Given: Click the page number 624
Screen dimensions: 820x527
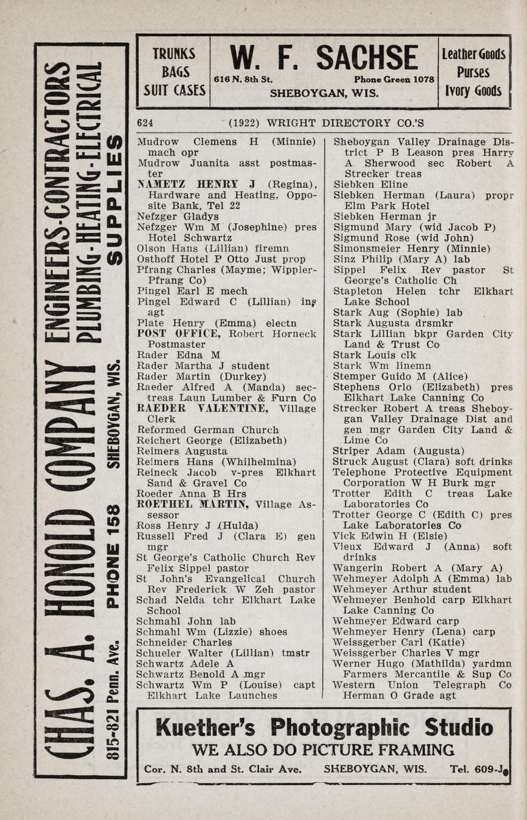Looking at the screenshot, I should [145, 123].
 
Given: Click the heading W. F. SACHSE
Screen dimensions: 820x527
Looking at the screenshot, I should [324, 59].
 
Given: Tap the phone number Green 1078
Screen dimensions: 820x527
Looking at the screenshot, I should [394, 79].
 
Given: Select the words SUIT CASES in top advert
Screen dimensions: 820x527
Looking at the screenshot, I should [174, 91].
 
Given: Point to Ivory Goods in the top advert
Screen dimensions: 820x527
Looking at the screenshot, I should [473, 91].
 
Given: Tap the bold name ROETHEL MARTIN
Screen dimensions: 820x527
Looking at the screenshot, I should [193, 504].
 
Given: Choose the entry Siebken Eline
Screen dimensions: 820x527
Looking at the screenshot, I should [370, 184].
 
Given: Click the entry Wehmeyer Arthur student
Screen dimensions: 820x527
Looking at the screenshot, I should [401, 589].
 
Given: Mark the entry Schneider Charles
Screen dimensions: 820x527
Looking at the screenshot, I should [184, 642].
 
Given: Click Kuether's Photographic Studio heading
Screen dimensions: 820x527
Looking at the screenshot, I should [324, 727].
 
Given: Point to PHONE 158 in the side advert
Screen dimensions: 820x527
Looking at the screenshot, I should [113, 557].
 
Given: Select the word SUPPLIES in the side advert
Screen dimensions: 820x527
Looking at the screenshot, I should [113, 199].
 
